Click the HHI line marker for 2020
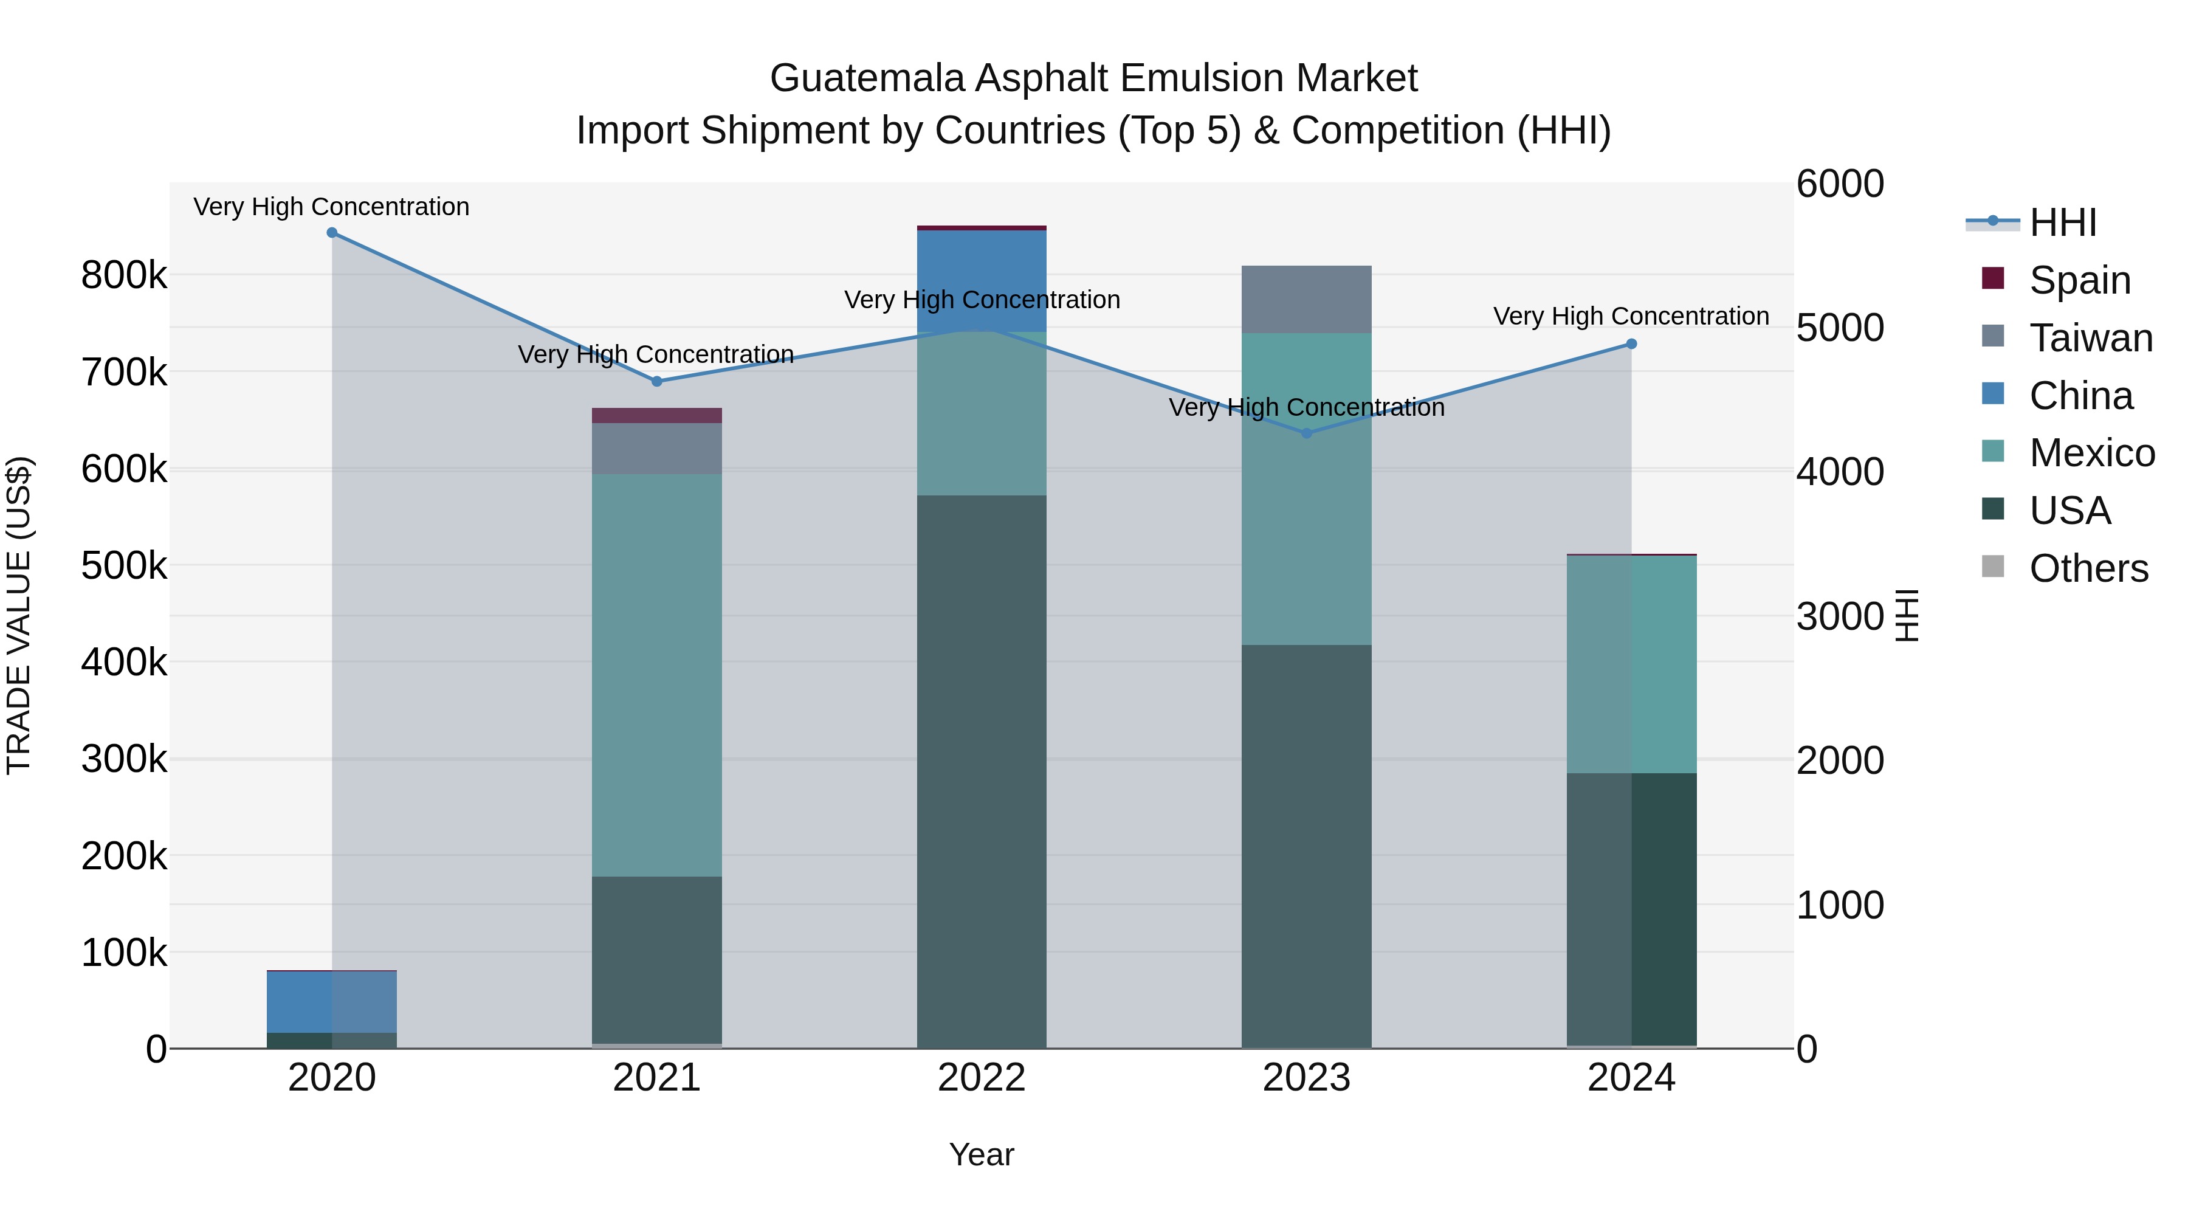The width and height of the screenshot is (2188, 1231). pyautogui.click(x=332, y=233)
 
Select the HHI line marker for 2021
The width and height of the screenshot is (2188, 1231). pyautogui.click(x=656, y=381)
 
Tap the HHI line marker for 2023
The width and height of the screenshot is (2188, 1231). pyautogui.click(x=1306, y=433)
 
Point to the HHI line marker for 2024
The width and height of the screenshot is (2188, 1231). pyautogui.click(x=1631, y=344)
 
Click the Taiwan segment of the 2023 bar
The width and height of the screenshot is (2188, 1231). pyautogui.click(x=1306, y=299)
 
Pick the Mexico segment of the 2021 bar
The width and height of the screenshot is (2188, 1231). pyautogui.click(x=656, y=675)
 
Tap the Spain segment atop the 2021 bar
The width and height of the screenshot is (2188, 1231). pyautogui.click(x=656, y=415)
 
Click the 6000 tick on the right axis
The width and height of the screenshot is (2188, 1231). pyautogui.click(x=1840, y=184)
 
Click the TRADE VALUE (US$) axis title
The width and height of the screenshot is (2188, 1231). pyautogui.click(x=19, y=615)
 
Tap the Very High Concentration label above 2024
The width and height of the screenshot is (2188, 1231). pyautogui.click(x=1631, y=316)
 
